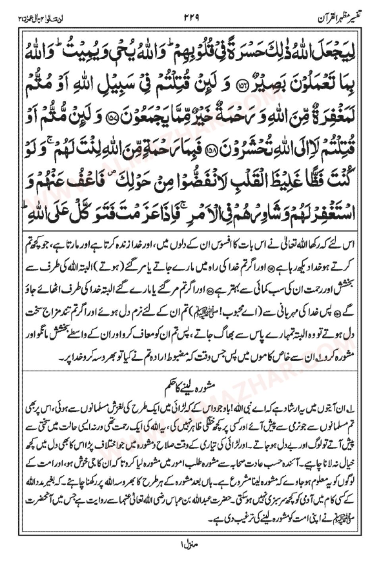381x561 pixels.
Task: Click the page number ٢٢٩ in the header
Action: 191,18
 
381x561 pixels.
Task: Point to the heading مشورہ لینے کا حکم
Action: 190,384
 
